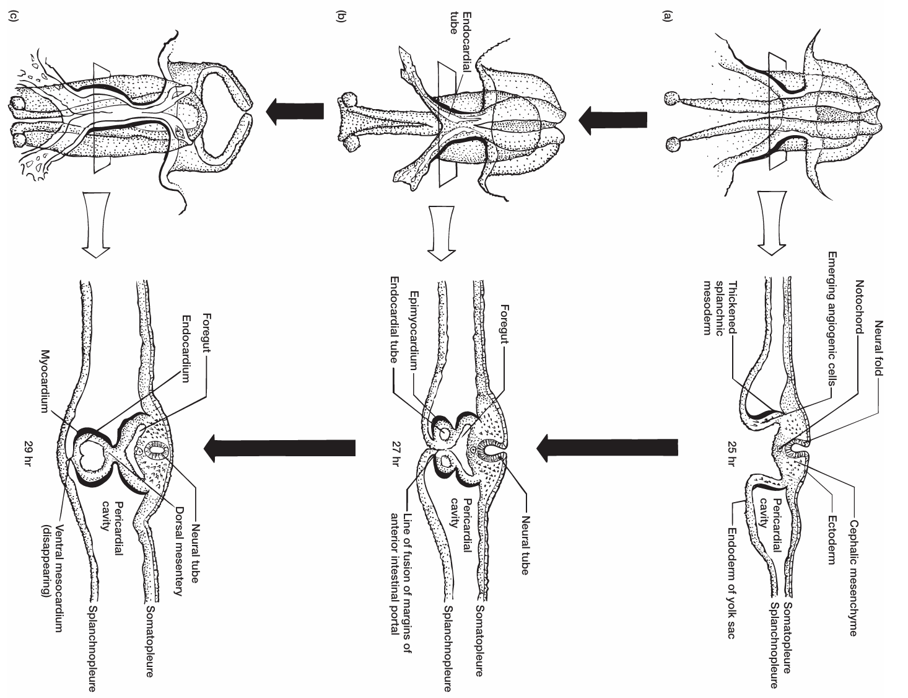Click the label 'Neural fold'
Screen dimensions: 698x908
(x=881, y=348)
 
